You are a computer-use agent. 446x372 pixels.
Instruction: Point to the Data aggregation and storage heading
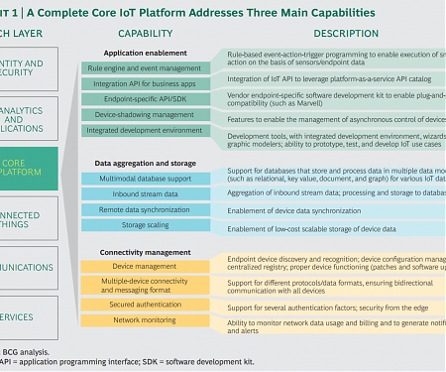pos(145,162)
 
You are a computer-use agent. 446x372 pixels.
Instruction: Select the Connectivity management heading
pos(146,252)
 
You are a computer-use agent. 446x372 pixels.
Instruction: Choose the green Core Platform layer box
pos(25,167)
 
